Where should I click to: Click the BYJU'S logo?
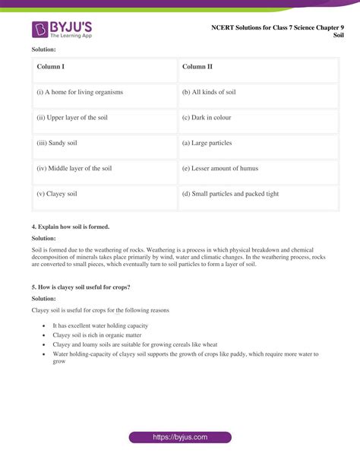tap(61, 30)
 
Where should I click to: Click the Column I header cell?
tap(104, 67)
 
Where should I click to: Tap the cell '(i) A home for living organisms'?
tap(104, 92)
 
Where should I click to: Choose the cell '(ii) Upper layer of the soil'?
tap(104, 118)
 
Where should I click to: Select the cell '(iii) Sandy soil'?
tap(104, 143)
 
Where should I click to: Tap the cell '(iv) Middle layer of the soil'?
tap(104, 169)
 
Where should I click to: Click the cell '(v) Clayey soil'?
tap(104, 194)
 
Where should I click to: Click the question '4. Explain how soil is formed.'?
tap(71, 227)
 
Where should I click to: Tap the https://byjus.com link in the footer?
tap(179, 437)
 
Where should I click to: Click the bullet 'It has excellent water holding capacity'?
tap(100, 325)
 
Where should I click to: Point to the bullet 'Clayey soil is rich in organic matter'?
tap(96, 334)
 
